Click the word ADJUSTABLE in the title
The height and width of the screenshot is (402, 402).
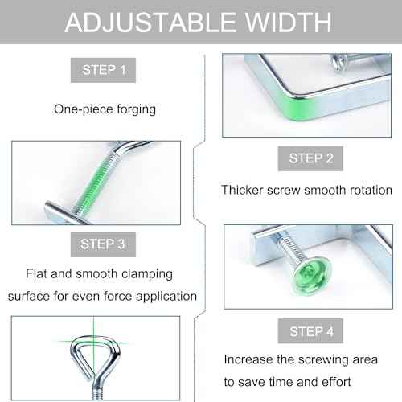(x=150, y=23)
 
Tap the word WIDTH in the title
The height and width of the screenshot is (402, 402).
(x=289, y=23)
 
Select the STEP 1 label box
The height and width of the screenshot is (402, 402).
(x=103, y=70)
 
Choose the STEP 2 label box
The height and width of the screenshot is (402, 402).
(x=310, y=158)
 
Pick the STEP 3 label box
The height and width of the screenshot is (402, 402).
(x=103, y=244)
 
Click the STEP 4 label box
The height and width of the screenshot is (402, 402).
(x=310, y=331)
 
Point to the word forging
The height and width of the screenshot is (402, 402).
(x=136, y=110)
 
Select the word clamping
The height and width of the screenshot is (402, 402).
(x=147, y=274)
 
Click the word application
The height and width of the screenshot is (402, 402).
(x=166, y=297)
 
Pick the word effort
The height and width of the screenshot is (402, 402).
(x=336, y=382)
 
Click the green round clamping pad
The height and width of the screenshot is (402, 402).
(x=312, y=276)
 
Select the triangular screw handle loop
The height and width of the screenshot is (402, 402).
(x=94, y=356)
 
